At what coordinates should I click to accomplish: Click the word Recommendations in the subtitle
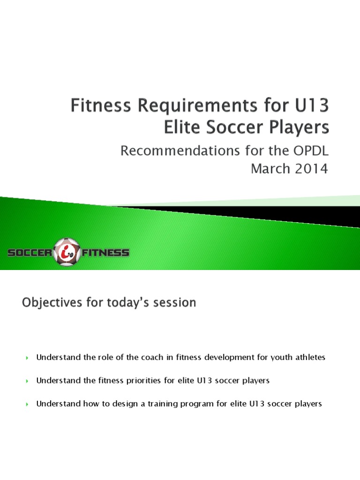pos(183,151)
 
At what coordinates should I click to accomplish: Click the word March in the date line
pos(269,169)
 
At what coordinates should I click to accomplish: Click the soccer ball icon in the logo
pos(67,253)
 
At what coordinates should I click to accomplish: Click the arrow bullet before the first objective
pos(27,358)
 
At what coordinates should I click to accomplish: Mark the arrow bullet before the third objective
pos(27,404)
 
